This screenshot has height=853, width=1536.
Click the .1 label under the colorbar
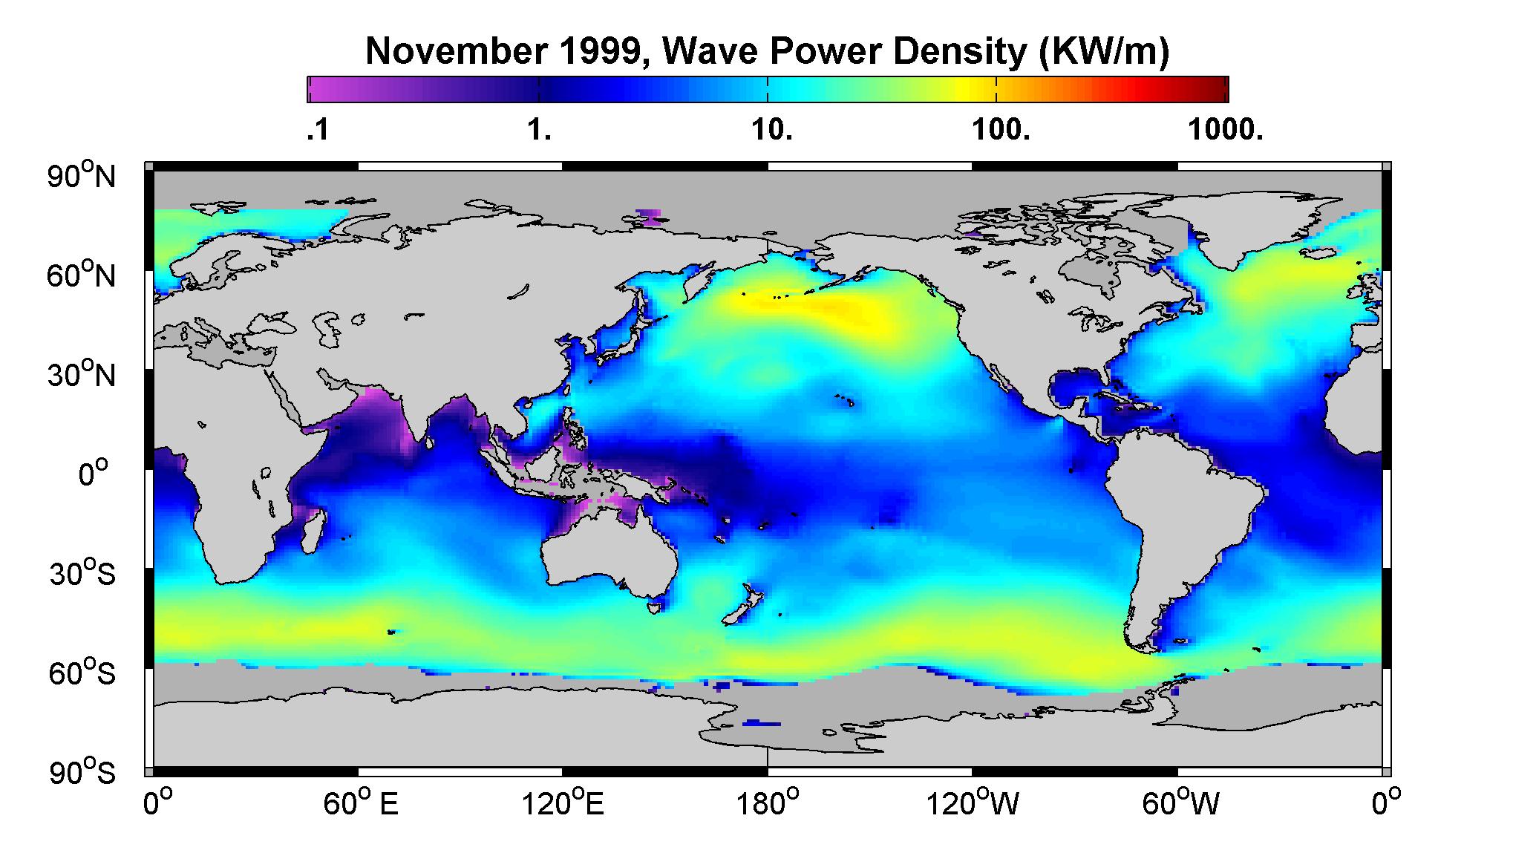click(x=318, y=131)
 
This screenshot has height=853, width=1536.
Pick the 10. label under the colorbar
click(x=772, y=131)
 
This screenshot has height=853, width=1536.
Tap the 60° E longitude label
click(x=360, y=803)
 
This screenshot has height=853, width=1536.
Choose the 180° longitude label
click(x=767, y=803)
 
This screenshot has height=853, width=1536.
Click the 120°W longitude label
click(x=972, y=803)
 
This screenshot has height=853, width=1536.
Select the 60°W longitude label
click(x=1180, y=803)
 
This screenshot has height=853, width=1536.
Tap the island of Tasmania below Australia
click(x=653, y=608)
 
